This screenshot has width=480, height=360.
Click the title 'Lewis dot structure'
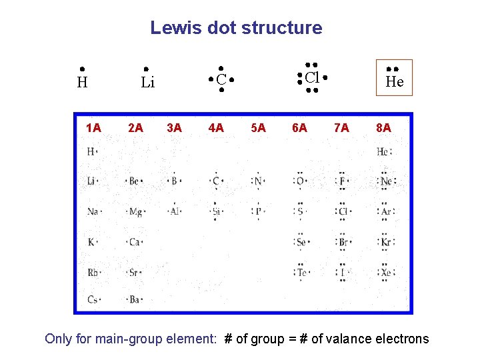(x=236, y=28)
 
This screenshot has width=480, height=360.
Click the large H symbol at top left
(x=82, y=83)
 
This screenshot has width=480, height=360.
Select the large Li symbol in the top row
(x=148, y=83)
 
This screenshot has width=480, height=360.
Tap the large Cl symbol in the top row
(x=312, y=77)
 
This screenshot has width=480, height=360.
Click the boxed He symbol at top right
(x=395, y=81)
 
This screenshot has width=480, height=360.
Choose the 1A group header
(x=93, y=127)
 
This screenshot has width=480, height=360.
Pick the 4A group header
(x=216, y=127)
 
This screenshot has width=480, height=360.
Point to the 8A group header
(x=383, y=127)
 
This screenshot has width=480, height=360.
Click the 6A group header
(x=299, y=127)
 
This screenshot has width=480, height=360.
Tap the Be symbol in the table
(x=135, y=181)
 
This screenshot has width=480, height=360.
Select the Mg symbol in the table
(x=135, y=212)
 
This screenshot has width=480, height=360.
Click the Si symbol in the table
(x=216, y=212)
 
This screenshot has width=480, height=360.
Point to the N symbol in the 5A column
(x=259, y=181)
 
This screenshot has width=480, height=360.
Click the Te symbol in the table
(x=301, y=272)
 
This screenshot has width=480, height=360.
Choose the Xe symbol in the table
(x=385, y=272)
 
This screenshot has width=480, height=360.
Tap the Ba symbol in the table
(x=135, y=300)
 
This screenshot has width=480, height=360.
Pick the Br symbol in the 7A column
(x=344, y=242)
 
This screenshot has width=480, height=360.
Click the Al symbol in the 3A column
(x=175, y=212)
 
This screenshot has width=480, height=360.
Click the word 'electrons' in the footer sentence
(x=399, y=339)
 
